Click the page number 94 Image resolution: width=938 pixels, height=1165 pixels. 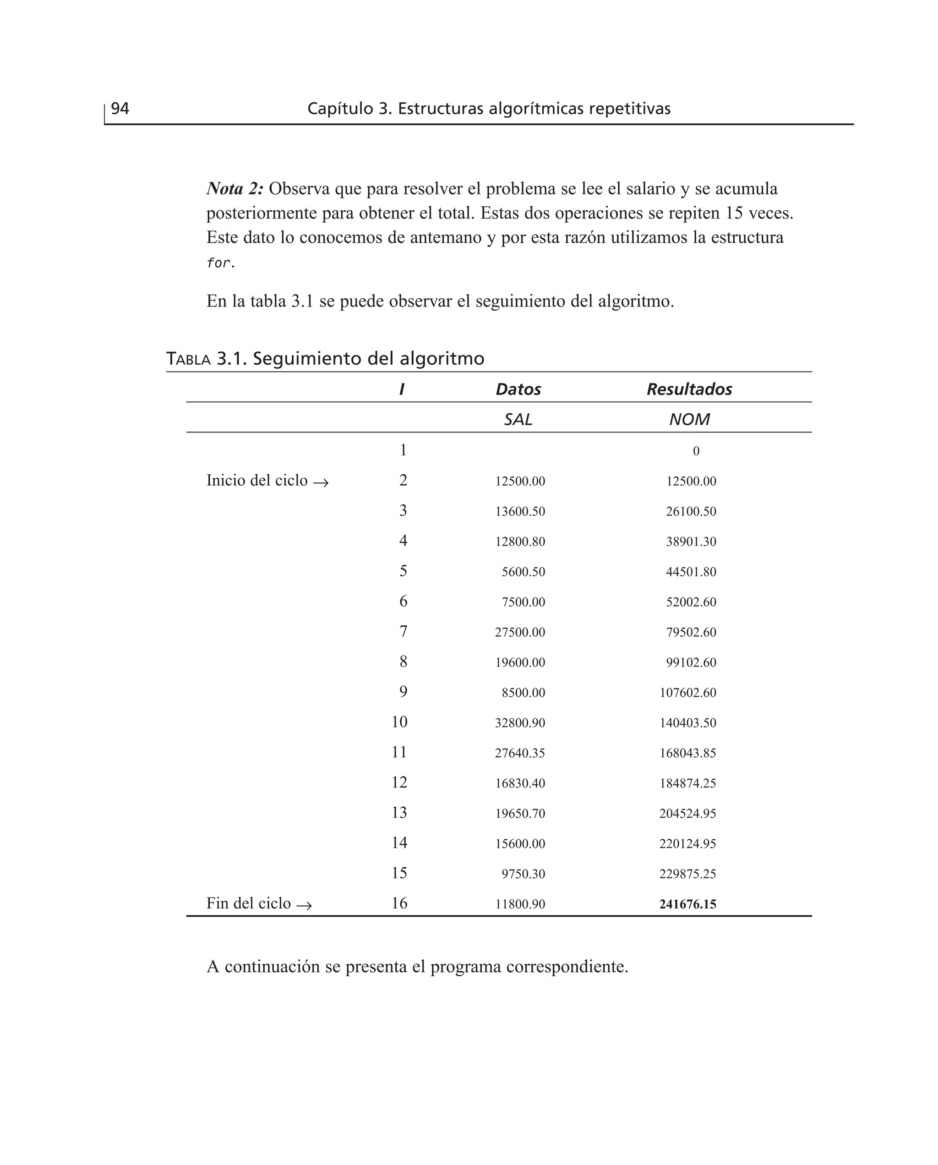120,109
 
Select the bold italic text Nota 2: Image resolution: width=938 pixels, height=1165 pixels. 234,189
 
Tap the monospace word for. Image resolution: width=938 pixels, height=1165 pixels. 219,263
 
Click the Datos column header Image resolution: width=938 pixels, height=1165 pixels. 518,389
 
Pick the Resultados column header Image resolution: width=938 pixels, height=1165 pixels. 689,389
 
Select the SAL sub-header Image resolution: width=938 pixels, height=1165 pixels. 518,419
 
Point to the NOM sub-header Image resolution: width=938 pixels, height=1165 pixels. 689,419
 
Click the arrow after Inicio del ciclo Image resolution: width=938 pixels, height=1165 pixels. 321,482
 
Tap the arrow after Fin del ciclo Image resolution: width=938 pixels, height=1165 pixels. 304,905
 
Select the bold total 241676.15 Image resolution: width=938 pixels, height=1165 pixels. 687,904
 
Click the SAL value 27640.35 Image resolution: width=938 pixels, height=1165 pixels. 520,753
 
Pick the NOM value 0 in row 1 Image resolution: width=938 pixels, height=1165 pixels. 696,451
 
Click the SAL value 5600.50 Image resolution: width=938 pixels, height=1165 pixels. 523,572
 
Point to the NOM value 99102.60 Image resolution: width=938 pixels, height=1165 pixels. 691,662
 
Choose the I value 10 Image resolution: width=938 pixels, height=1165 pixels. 399,722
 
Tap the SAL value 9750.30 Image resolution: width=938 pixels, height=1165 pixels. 523,874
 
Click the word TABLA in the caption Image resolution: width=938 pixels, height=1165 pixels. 188,359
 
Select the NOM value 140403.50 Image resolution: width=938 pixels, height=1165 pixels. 687,723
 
